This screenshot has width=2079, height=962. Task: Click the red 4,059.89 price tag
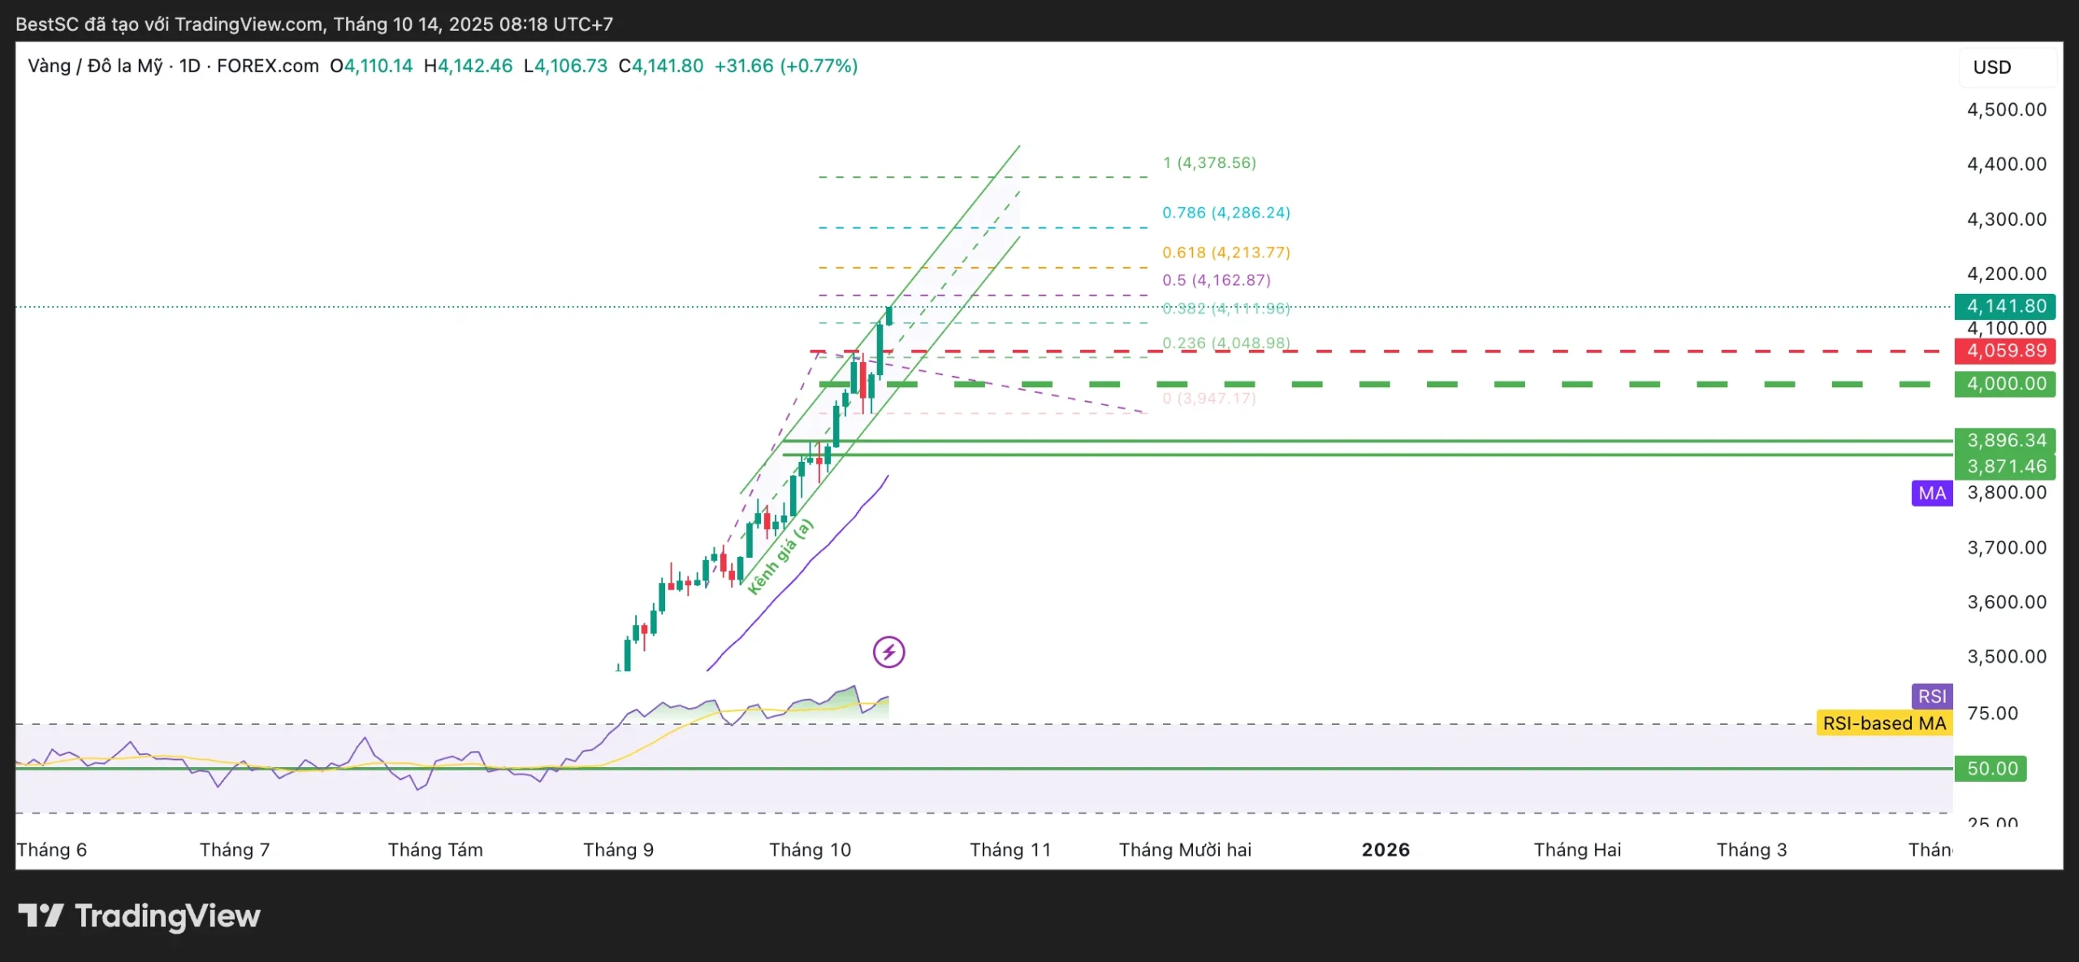tap(2005, 351)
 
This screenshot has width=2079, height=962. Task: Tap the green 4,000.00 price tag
tap(2005, 384)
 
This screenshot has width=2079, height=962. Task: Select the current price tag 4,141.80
tap(2005, 306)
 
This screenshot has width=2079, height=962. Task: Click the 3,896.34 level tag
tap(2005, 440)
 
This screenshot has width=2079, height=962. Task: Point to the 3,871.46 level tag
tap(2005, 466)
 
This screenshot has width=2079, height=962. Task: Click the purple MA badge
tap(1932, 493)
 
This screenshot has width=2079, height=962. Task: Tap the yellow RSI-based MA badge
tap(1884, 723)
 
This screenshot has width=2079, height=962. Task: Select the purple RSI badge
tap(1932, 696)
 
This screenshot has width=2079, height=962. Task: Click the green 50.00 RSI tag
tap(1991, 768)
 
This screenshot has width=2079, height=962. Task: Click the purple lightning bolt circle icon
tap(889, 652)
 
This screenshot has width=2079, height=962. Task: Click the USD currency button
tap(1992, 67)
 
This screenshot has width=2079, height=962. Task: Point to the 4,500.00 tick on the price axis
tap(2006, 110)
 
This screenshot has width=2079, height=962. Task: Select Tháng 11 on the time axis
tap(1009, 850)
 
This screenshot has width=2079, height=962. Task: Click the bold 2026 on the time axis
tap(1385, 850)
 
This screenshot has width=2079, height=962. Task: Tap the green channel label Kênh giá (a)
tap(780, 557)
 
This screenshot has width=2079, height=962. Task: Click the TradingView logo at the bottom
tap(140, 917)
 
